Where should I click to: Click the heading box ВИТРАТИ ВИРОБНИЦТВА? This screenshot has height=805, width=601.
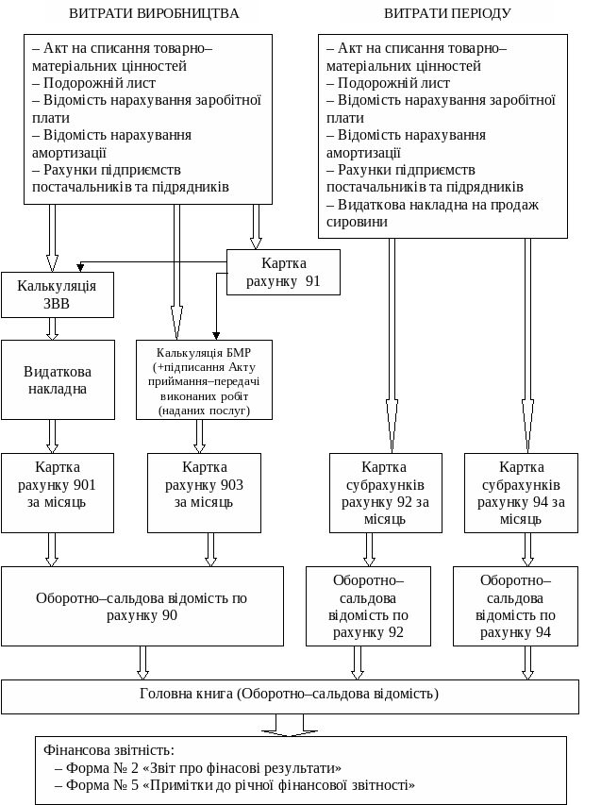tap(154, 12)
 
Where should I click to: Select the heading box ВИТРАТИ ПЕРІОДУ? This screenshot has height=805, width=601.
tap(447, 12)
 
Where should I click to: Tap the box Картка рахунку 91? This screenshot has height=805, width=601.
tap(283, 272)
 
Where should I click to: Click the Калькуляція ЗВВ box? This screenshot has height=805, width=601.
tap(57, 294)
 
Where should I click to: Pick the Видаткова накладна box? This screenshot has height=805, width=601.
tap(57, 379)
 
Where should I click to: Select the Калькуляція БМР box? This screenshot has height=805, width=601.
tap(204, 379)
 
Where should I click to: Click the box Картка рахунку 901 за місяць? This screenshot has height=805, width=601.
tap(57, 493)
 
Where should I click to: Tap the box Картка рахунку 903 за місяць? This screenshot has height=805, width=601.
tap(204, 493)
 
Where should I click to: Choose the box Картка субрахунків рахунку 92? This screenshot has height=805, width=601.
tap(384, 493)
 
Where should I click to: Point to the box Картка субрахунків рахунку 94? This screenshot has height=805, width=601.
tap(521, 493)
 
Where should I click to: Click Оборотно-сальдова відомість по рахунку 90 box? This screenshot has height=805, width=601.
tap(142, 606)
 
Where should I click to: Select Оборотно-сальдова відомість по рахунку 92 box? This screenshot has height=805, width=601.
tap(368, 606)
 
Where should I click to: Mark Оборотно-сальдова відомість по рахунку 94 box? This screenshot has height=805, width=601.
tap(515, 606)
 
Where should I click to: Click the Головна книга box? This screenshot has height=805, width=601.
tap(289, 696)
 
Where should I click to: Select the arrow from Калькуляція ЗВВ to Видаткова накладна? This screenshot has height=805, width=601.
tap(53, 328)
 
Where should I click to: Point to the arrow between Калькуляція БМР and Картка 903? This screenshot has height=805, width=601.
tap(200, 436)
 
